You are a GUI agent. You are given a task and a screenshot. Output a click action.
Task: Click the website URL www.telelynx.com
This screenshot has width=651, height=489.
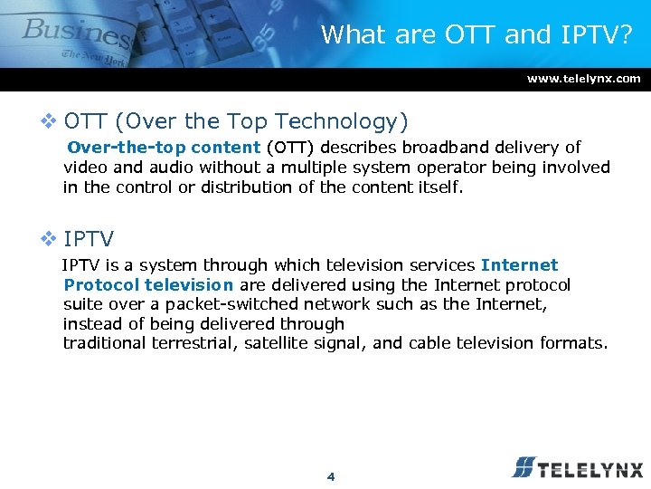coord(583,79)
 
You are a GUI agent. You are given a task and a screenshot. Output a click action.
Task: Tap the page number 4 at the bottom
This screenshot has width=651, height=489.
coord(331,476)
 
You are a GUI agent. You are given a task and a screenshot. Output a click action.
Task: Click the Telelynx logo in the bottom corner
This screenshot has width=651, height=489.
coord(577,467)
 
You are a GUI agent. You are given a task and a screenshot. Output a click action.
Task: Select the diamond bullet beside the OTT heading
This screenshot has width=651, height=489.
coord(50,121)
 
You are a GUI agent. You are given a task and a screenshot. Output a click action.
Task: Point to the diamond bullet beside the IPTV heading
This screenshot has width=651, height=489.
coord(50,239)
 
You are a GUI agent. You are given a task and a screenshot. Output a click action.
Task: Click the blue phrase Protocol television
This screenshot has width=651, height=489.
coord(148,284)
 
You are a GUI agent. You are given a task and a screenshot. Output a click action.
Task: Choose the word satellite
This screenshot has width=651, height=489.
coord(277,343)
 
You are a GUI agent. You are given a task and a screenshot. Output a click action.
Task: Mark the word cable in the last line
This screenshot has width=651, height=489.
coord(429,343)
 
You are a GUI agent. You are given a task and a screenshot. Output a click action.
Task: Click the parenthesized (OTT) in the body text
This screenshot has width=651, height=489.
coord(290,147)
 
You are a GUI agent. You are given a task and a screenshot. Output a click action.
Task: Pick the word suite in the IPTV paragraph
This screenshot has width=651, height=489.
coord(83,304)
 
